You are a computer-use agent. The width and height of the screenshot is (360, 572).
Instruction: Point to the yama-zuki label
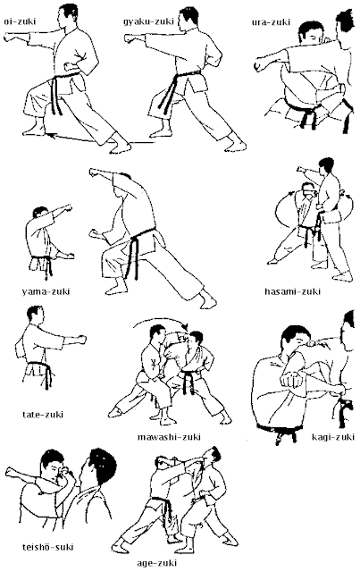coord(40,291)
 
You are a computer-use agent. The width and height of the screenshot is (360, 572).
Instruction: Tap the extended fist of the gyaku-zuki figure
coord(130,40)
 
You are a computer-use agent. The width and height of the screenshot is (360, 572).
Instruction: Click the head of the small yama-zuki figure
coord(38,216)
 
